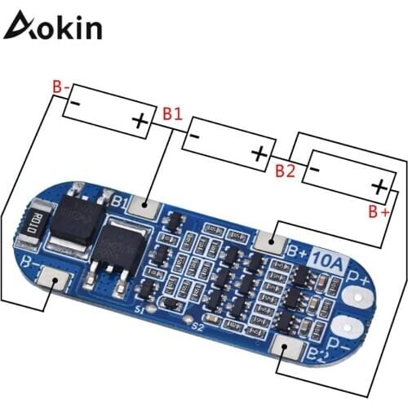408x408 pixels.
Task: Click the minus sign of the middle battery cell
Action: point(194,136)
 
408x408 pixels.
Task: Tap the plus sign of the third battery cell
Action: point(379,187)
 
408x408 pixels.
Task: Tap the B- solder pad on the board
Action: point(55,280)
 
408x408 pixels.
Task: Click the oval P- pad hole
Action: point(357,328)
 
